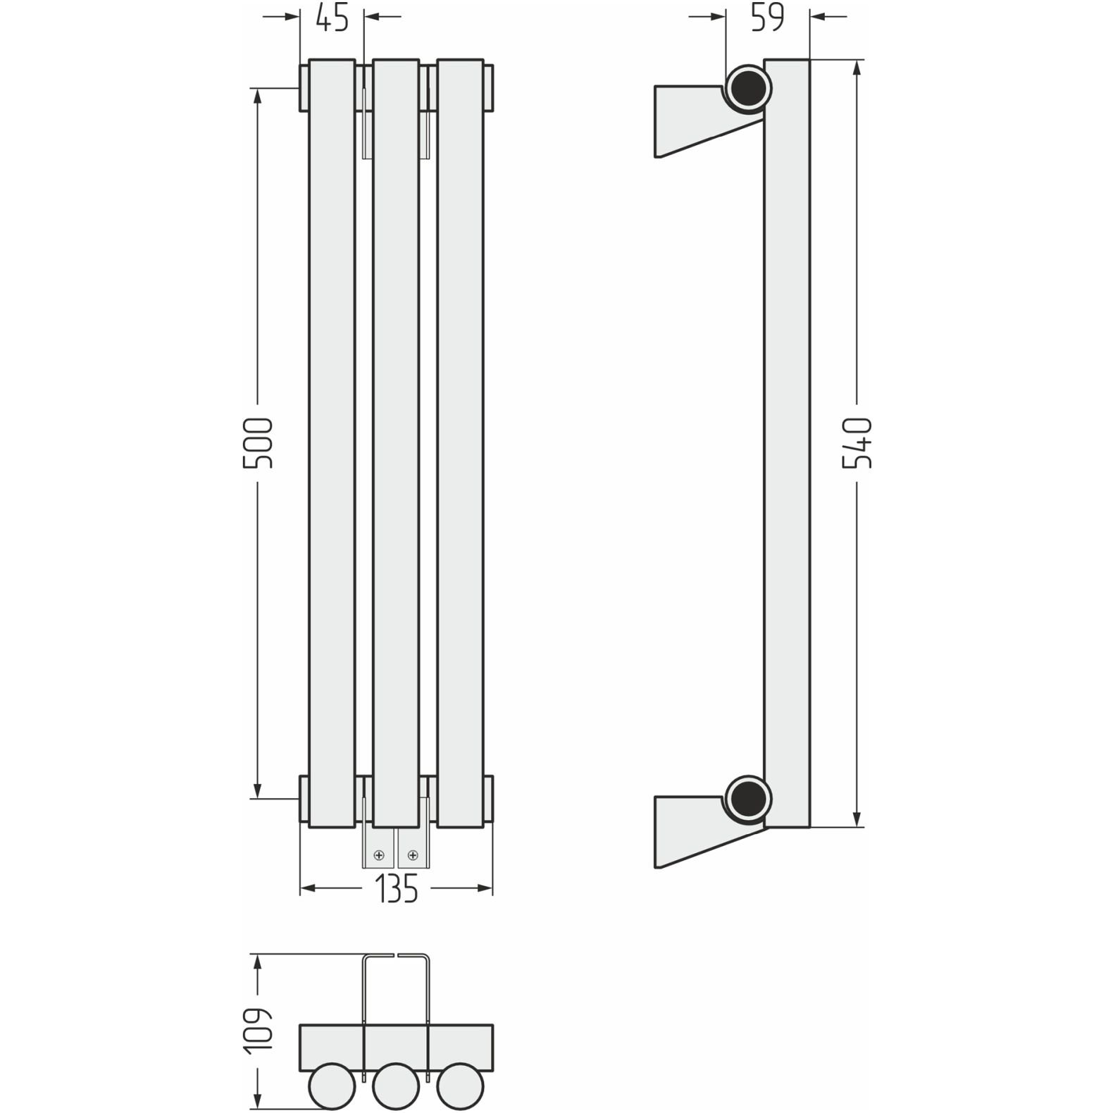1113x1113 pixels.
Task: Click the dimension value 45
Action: pyautogui.click(x=332, y=18)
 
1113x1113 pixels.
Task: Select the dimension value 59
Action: pyautogui.click(x=767, y=18)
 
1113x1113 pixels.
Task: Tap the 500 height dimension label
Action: pyautogui.click(x=258, y=443)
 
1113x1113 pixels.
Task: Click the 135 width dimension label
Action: pyautogui.click(x=396, y=889)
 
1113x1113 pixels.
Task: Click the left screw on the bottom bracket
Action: pyautogui.click(x=380, y=856)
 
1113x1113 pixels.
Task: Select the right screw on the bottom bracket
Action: pyautogui.click(x=413, y=856)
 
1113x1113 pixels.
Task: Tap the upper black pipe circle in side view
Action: pyautogui.click(x=748, y=89)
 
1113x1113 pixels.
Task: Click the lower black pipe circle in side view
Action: pyautogui.click(x=748, y=799)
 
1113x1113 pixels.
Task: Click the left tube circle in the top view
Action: pyautogui.click(x=332, y=1086)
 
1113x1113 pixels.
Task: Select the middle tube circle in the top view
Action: pyautogui.click(x=396, y=1086)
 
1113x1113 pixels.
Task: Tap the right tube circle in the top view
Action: pyautogui.click(x=460, y=1086)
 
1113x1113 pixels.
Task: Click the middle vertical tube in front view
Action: pyautogui.click(x=396, y=442)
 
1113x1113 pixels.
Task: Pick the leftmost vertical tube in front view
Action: pyautogui.click(x=332, y=442)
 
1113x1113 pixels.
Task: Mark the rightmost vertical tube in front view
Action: pyautogui.click(x=460, y=442)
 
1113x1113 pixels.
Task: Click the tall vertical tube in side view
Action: pyautogui.click(x=787, y=442)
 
